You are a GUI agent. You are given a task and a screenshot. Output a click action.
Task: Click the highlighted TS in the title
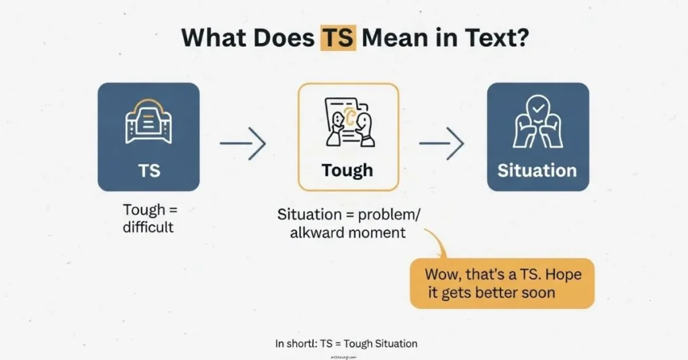tap(338, 37)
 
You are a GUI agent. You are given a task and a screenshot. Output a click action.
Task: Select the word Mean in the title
tap(398, 37)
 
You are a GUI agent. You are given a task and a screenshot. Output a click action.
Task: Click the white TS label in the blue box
tap(148, 171)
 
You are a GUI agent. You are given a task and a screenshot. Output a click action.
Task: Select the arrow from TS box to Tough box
tap(243, 143)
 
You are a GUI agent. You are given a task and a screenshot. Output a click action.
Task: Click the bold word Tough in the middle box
tap(347, 171)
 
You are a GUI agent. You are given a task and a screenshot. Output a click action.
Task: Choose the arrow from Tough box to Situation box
tap(442, 143)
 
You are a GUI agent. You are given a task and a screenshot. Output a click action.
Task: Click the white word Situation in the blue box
tap(537, 171)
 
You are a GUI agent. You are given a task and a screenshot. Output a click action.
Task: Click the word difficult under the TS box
tap(148, 227)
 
